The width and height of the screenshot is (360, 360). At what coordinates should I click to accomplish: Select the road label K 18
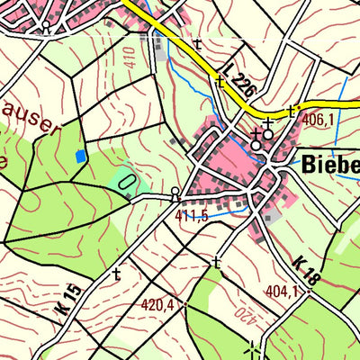click(x=306, y=270)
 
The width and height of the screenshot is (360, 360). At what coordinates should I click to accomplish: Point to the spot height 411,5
click(x=192, y=216)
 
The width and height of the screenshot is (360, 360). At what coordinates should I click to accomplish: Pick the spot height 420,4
click(x=157, y=305)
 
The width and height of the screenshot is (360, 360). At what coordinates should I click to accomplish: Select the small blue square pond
click(x=81, y=156)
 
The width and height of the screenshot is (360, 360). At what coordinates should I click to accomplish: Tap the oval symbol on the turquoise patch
click(x=128, y=185)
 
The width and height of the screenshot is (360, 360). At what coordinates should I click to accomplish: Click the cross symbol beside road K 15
click(x=116, y=273)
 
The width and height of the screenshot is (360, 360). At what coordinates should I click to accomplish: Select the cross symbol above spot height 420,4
click(x=216, y=263)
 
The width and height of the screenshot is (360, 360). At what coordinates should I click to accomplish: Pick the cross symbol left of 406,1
click(x=291, y=111)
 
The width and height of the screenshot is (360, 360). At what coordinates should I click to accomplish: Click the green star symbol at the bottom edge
click(x=254, y=352)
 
